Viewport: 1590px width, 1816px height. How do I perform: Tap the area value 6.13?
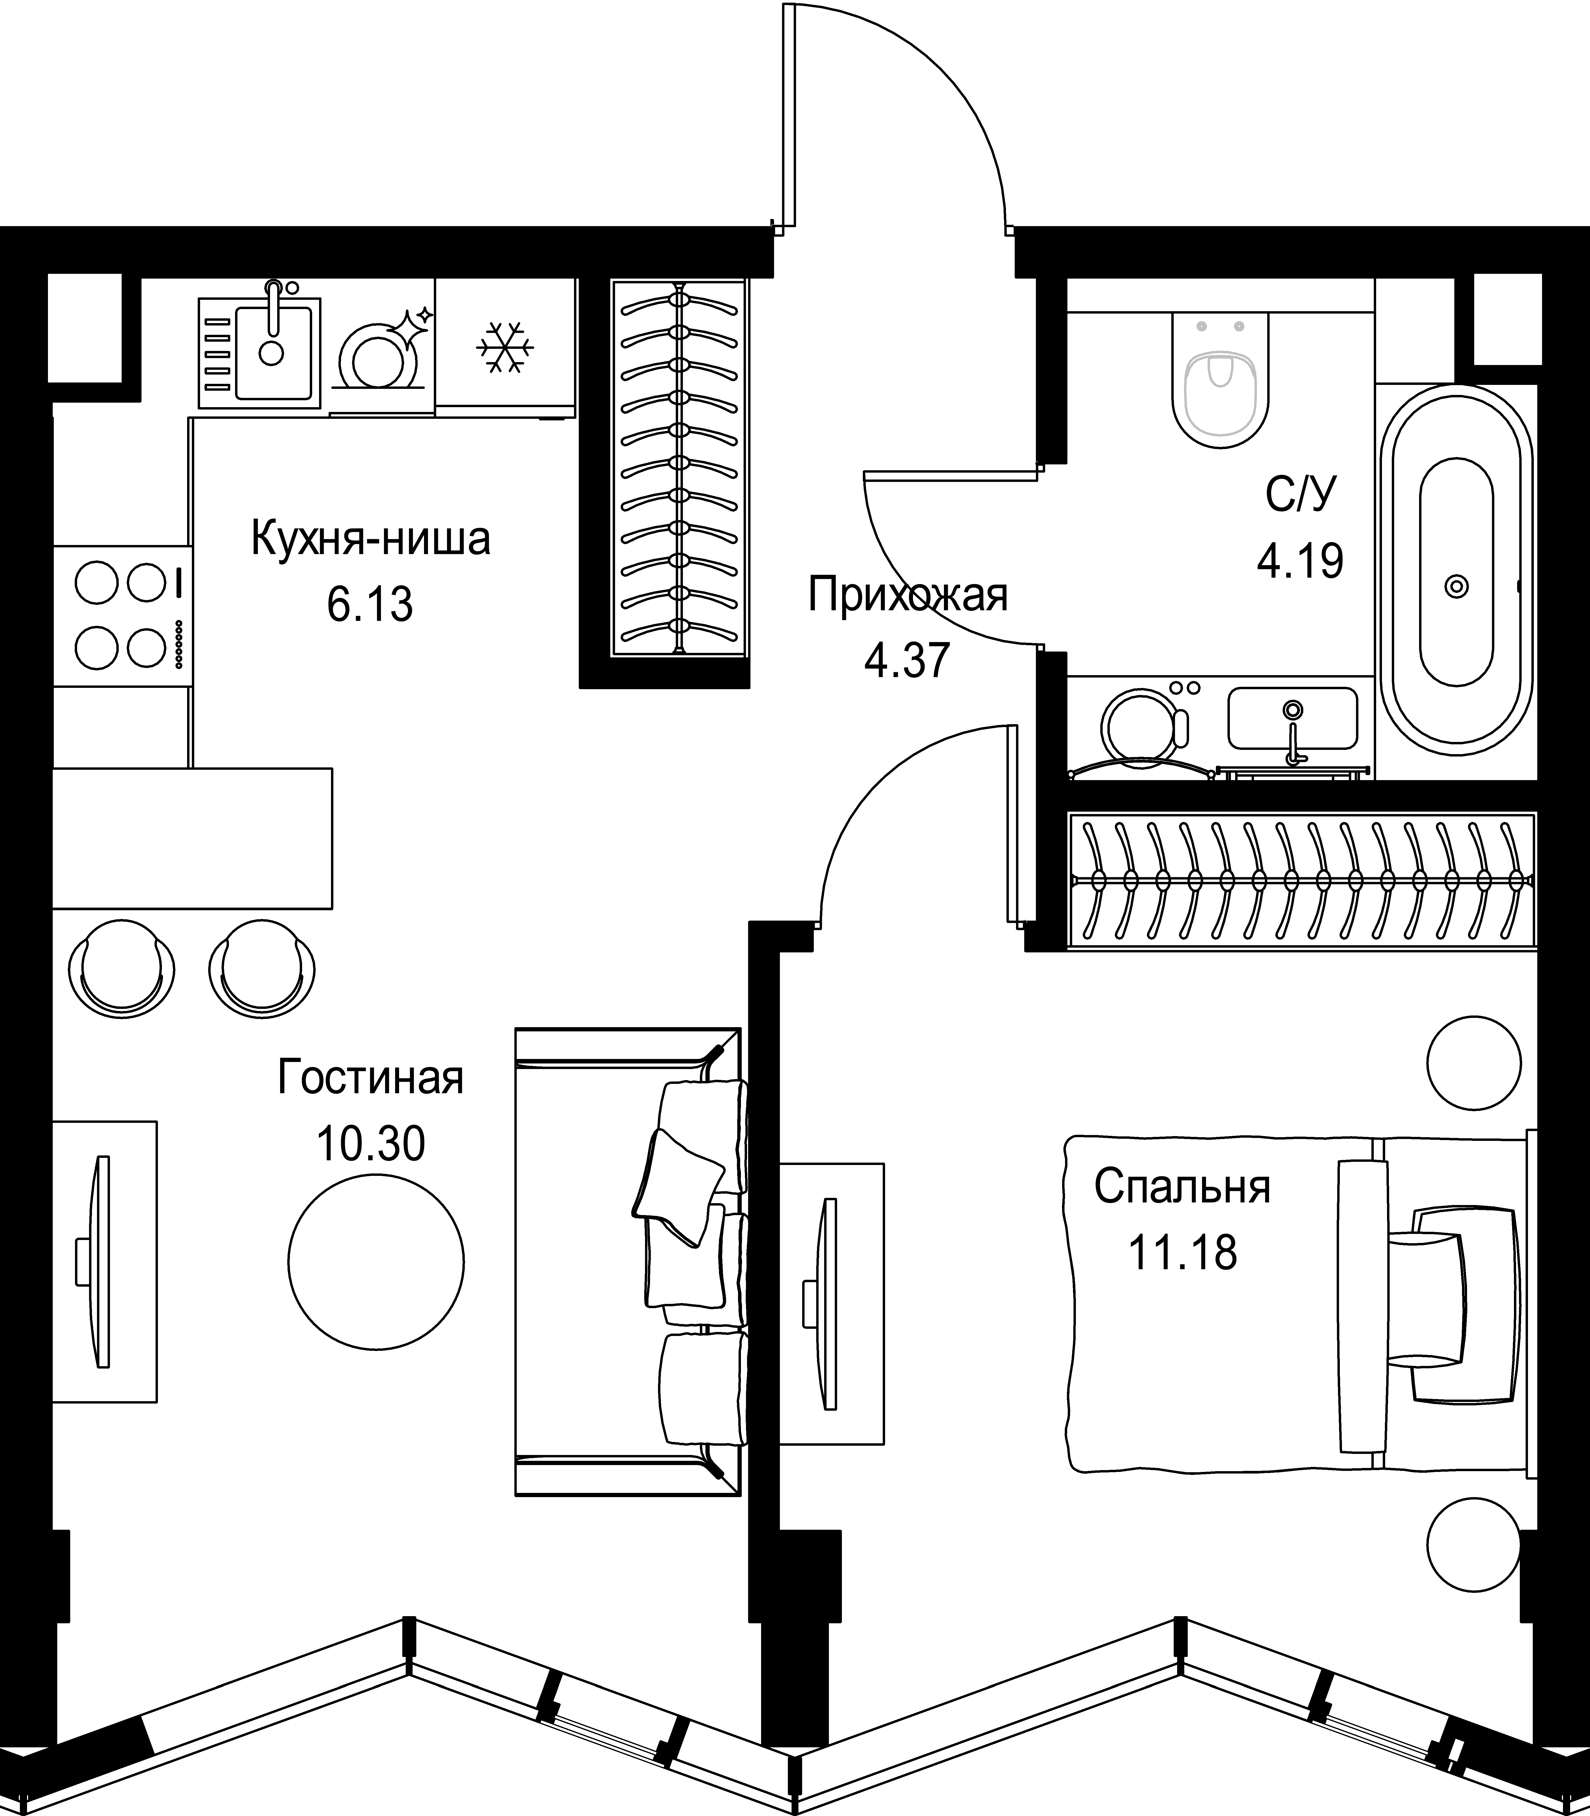point(370,605)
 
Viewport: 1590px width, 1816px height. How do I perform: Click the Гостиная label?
point(371,1078)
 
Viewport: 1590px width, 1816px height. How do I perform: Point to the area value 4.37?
point(908,660)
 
